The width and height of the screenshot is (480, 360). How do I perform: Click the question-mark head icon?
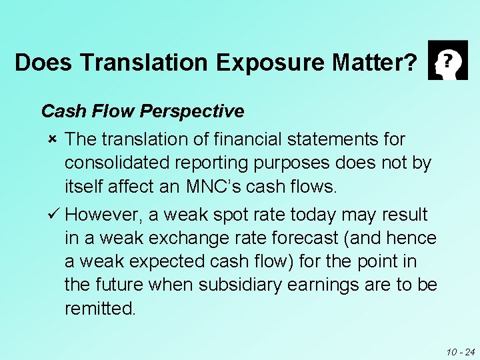(x=447, y=61)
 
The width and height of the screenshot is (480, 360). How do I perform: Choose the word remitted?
(x=100, y=309)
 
